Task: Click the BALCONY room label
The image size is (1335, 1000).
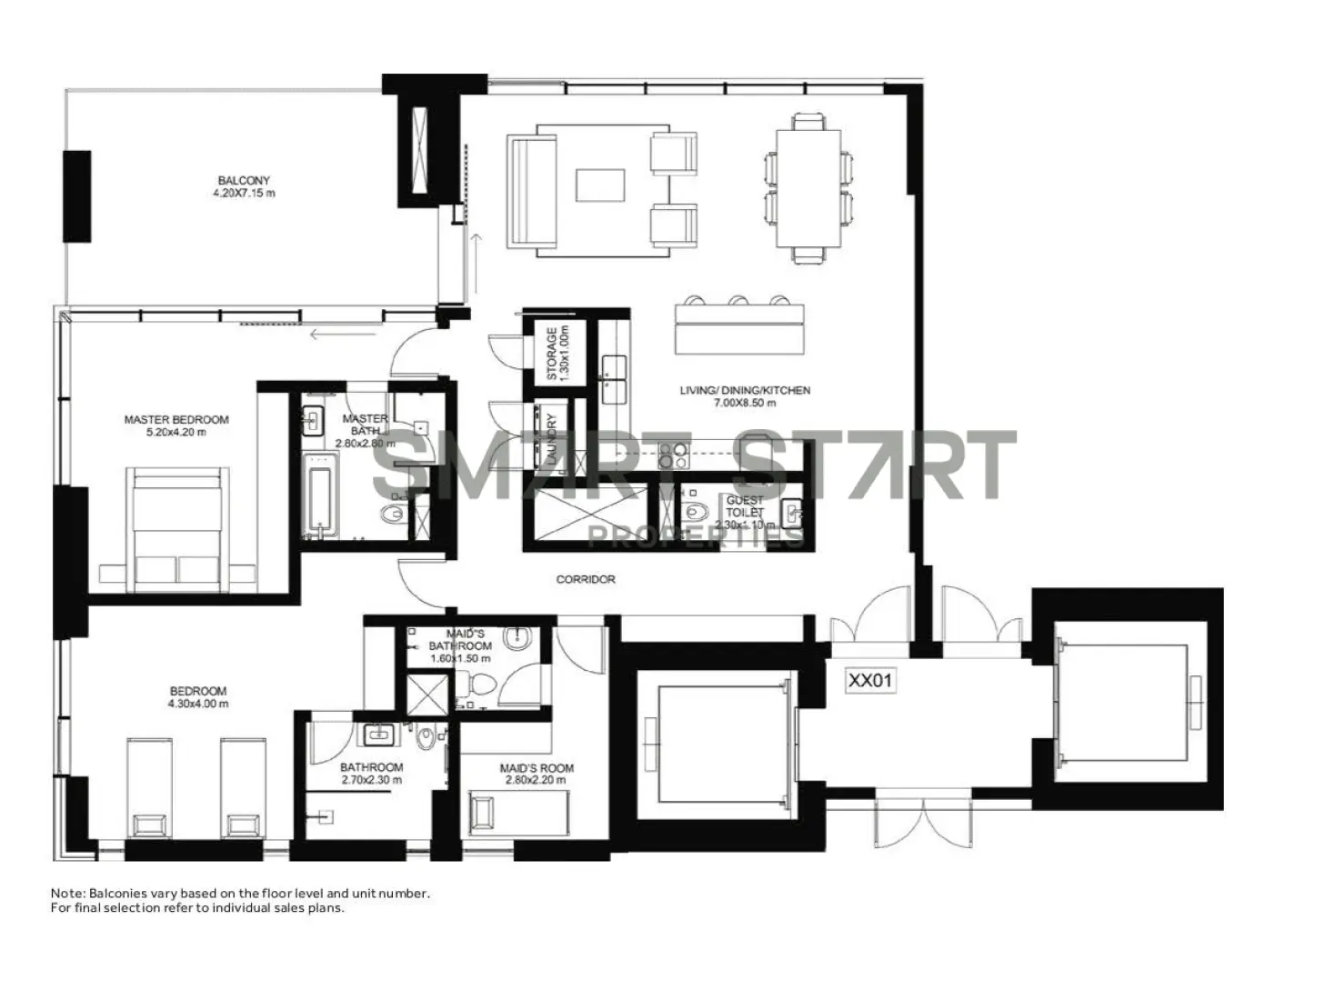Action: coord(243,180)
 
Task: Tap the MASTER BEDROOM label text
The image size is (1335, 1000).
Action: coord(176,419)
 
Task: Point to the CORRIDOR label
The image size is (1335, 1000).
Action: coord(586,579)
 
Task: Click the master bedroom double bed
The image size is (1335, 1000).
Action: coord(178,527)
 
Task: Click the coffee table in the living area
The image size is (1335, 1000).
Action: coord(600,185)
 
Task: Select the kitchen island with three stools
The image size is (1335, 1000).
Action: coord(739,328)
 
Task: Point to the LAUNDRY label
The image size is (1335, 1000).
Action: coord(550,440)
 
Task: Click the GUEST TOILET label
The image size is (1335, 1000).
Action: coord(745,506)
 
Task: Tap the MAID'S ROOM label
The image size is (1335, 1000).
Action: coord(537,768)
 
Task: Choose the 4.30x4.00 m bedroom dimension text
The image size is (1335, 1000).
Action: coord(198,704)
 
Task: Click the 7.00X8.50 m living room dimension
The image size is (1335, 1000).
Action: coord(744,403)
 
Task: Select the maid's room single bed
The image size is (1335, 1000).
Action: coord(517,813)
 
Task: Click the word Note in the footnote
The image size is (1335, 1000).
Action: coord(65,894)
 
